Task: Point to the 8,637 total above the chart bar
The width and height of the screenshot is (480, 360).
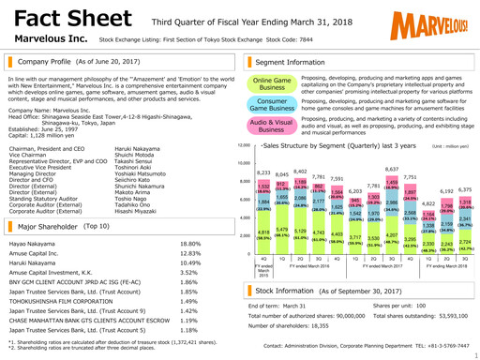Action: click(393, 169)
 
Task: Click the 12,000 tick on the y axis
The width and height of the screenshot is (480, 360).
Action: click(245, 147)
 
